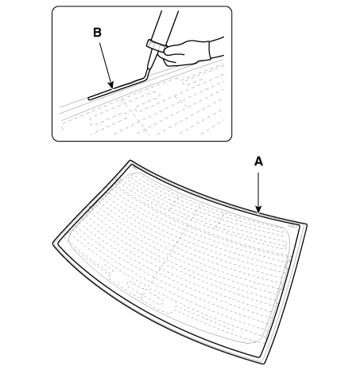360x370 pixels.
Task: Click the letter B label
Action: point(97,33)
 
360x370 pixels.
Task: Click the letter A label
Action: point(258,162)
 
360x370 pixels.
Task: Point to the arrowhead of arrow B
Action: point(111,85)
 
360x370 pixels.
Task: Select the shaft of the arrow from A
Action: point(258,189)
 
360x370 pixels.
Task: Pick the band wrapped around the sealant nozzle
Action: point(155,45)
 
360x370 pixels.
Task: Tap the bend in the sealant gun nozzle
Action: point(145,76)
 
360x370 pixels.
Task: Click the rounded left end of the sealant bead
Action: point(89,99)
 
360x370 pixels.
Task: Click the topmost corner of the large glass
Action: point(130,161)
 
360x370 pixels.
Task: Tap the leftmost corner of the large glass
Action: point(54,243)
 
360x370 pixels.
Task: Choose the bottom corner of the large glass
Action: point(265,363)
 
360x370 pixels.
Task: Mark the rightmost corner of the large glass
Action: point(306,225)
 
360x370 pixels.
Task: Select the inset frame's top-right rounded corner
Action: point(287,230)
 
